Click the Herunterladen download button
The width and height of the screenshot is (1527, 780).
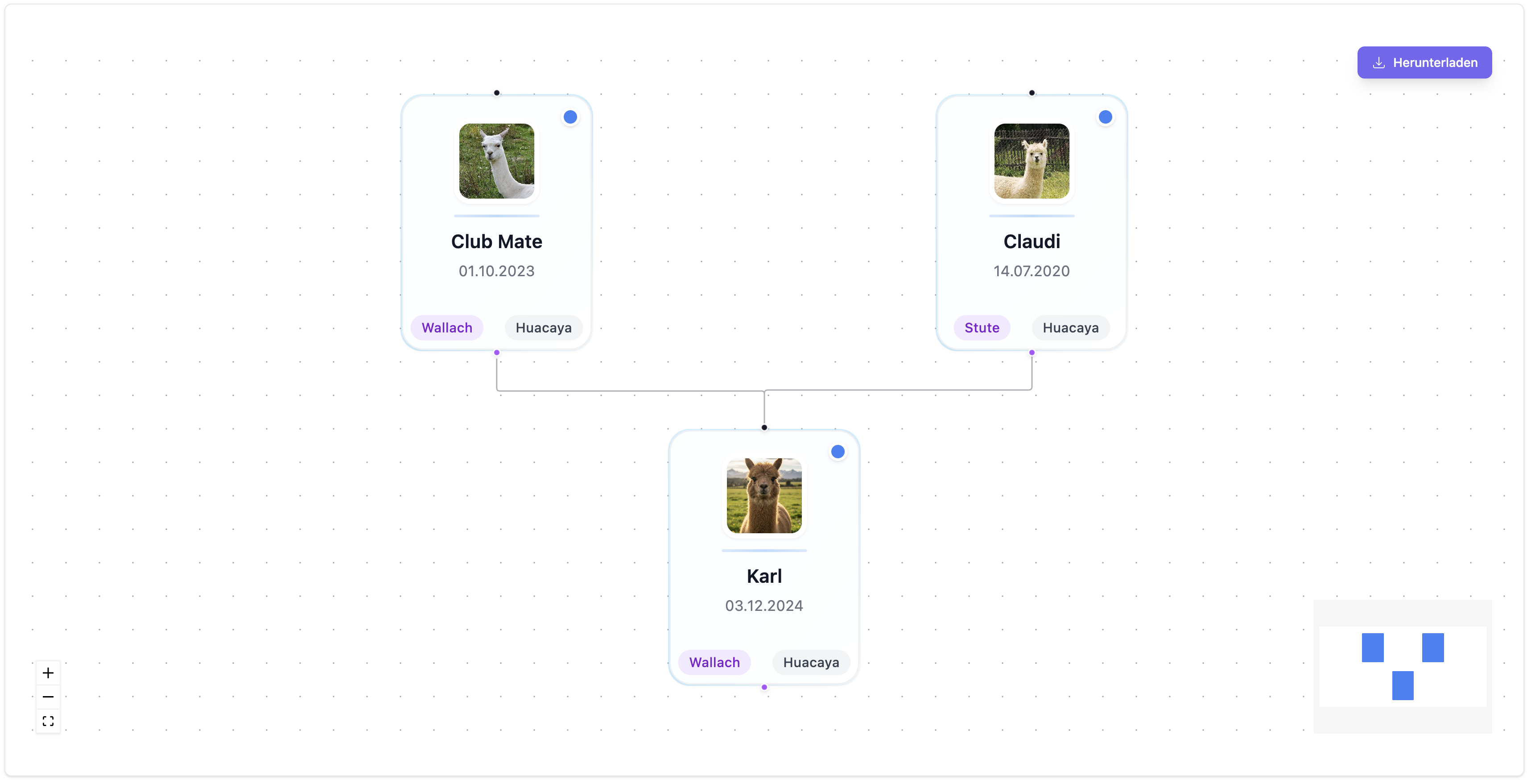(x=1424, y=62)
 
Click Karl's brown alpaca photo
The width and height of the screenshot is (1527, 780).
(x=763, y=495)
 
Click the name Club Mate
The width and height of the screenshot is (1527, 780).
(x=496, y=241)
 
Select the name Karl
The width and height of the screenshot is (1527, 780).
(x=763, y=576)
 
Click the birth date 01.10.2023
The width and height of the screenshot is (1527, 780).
(x=496, y=271)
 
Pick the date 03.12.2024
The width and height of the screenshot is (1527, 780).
(x=763, y=606)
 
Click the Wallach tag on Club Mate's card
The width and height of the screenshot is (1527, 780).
(x=446, y=328)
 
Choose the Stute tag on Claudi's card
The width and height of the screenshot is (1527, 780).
(x=981, y=328)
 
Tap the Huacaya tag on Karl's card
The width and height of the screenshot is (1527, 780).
(x=810, y=663)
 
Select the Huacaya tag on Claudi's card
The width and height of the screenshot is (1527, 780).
(x=1070, y=328)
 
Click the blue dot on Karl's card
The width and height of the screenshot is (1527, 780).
(x=837, y=452)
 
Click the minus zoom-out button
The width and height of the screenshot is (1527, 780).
(x=48, y=697)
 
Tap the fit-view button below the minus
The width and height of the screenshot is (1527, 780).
(x=48, y=721)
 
